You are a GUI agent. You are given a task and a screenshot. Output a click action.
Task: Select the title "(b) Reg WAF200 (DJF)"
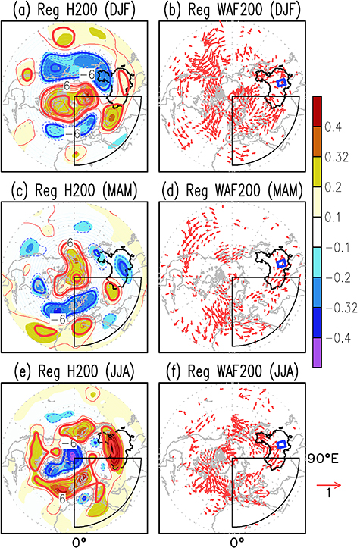pyautogui.click(x=231, y=10)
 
